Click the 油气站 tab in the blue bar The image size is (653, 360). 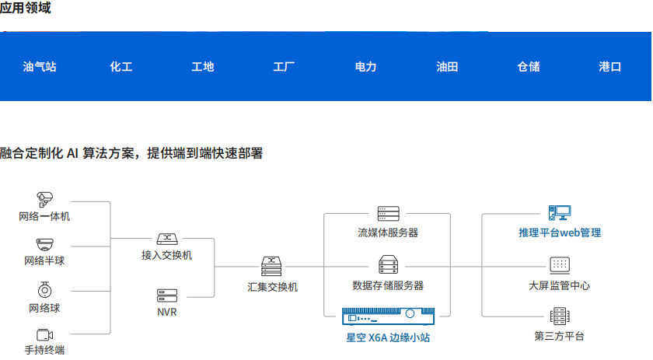(x=40, y=67)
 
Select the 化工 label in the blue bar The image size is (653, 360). (x=121, y=67)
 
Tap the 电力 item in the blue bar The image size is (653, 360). (x=365, y=67)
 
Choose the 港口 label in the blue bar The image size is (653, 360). (x=610, y=67)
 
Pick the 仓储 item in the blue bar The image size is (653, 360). (x=529, y=67)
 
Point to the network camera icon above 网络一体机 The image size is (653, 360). (x=44, y=198)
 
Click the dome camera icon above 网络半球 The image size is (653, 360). (x=44, y=243)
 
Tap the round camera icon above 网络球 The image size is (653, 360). (x=44, y=290)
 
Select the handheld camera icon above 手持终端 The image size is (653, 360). (x=44, y=335)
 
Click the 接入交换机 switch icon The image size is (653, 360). (x=167, y=239)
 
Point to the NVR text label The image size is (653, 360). (x=167, y=313)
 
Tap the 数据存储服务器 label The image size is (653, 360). (x=388, y=285)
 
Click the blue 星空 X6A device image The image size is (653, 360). (x=388, y=317)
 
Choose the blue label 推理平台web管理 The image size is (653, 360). (x=560, y=232)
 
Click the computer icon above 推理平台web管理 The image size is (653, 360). (x=560, y=212)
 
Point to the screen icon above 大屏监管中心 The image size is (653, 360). (x=560, y=264)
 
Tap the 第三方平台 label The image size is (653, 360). (x=560, y=336)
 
